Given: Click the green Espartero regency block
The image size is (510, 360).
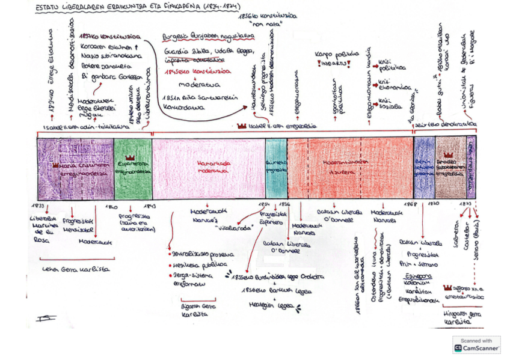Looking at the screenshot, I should coord(133,168).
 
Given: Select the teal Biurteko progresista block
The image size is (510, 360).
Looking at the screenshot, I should coord(276,168).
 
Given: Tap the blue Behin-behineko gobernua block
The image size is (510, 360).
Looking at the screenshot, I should coord(425,168).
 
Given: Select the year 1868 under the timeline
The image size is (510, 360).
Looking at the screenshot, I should coord(410,205).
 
